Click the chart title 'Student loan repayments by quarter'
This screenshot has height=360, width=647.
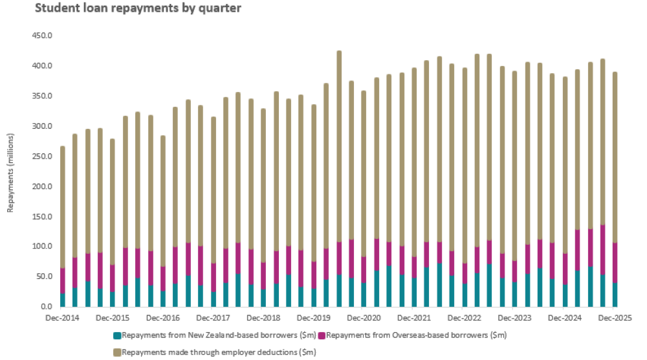(x=121, y=8)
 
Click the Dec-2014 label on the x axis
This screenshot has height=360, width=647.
(x=63, y=319)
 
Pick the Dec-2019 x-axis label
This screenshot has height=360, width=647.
(x=313, y=319)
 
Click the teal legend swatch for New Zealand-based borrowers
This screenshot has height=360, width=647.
(x=117, y=335)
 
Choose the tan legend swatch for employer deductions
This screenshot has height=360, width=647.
(x=117, y=352)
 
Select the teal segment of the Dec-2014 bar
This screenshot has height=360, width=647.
(x=63, y=300)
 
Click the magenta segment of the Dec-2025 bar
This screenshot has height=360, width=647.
(x=615, y=262)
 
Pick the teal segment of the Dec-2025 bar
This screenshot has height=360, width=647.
(x=615, y=295)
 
